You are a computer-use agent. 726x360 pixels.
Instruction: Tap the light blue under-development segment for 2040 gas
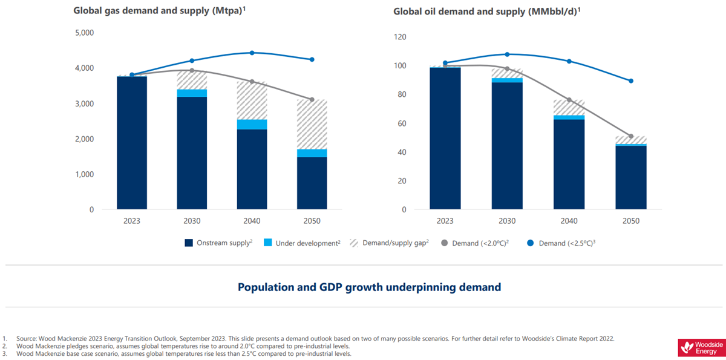252,125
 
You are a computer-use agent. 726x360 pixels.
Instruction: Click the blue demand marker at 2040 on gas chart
252,53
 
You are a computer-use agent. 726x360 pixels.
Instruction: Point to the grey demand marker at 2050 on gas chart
312,99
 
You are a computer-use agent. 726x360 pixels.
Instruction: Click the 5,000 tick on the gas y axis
83,33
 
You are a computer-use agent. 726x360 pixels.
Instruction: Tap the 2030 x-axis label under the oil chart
507,221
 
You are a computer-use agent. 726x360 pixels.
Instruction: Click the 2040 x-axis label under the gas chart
252,221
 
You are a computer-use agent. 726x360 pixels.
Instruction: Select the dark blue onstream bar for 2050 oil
630,178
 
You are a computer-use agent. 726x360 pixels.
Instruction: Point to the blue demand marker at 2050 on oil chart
631,81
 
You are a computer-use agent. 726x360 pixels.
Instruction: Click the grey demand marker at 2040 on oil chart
569,100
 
